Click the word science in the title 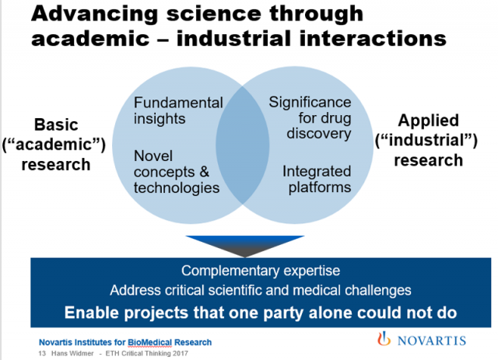click(x=213, y=13)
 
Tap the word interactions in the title click(x=373, y=38)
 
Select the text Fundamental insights click(x=178, y=110)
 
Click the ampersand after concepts click(x=205, y=172)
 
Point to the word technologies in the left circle click(x=177, y=187)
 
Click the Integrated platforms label click(x=317, y=179)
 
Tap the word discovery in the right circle click(x=319, y=133)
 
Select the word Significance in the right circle click(x=310, y=102)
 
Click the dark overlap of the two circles click(x=243, y=145)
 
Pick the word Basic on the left click(x=56, y=124)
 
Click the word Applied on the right click(x=428, y=121)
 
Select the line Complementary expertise click(x=261, y=271)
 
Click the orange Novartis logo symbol click(x=384, y=339)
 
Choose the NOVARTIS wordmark click(x=432, y=341)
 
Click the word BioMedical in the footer click(x=149, y=342)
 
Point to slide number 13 click(x=42, y=353)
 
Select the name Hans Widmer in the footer click(x=72, y=353)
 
